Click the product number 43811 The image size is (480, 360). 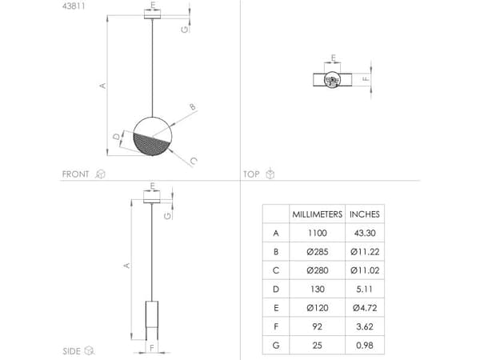click(x=74, y=6)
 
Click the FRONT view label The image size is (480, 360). click(x=75, y=174)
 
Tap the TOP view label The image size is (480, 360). click(x=251, y=174)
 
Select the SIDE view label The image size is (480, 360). click(x=71, y=351)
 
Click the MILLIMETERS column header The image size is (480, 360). click(x=317, y=214)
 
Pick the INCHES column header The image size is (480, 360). click(x=365, y=214)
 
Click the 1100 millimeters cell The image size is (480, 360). click(x=317, y=233)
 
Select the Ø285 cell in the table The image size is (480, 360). click(x=317, y=252)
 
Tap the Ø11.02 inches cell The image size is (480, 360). click(x=365, y=270)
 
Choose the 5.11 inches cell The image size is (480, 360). click(x=365, y=289)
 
